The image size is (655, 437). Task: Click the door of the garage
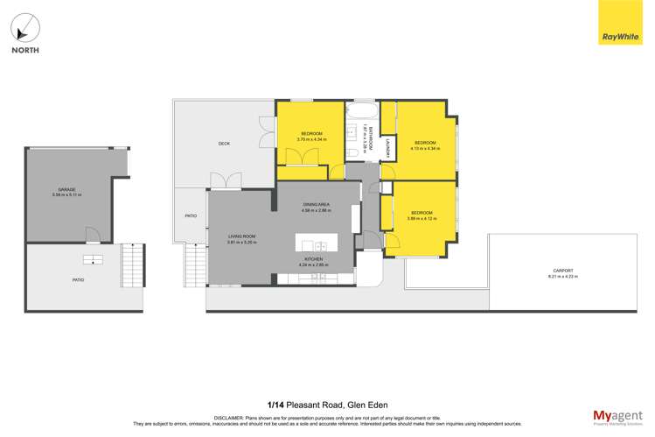pos(91,235)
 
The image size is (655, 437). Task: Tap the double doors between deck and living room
pos(226,181)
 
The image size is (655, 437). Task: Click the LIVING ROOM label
pos(241,236)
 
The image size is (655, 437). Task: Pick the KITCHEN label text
pos(313,259)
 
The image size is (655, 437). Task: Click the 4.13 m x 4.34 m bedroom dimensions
pos(425,148)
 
